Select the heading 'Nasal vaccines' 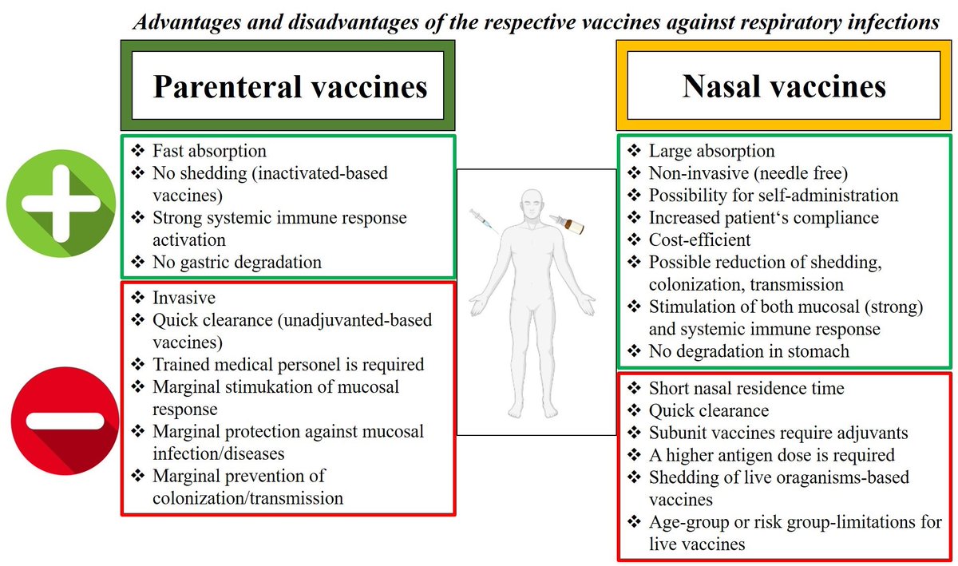[x=784, y=85]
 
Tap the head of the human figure [x=532, y=206]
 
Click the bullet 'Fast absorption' [x=209, y=151]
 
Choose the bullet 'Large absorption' [x=711, y=151]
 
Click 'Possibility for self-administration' [x=773, y=196]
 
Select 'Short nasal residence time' [x=746, y=389]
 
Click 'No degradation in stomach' [x=749, y=350]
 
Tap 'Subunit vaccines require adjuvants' [x=778, y=433]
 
